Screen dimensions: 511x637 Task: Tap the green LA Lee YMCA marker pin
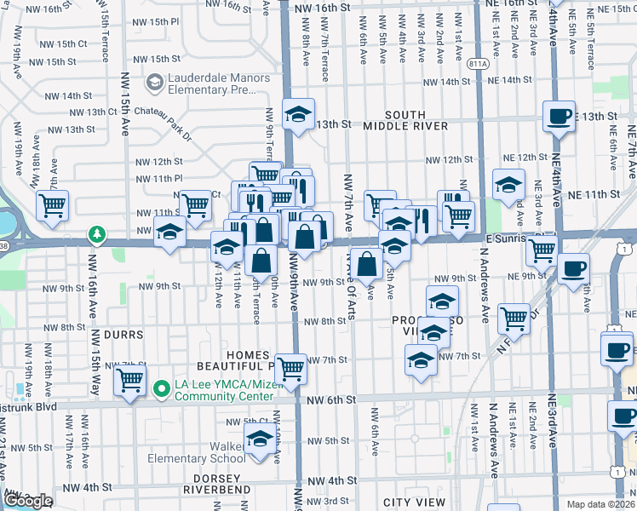pos(158,389)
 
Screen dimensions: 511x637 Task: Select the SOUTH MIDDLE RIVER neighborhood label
pos(416,120)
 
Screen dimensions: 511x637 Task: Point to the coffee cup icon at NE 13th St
pos(559,115)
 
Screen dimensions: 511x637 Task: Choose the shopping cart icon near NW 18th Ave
pos(53,204)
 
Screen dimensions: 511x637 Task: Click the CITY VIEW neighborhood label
pos(414,502)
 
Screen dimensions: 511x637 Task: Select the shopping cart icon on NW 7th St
pos(291,369)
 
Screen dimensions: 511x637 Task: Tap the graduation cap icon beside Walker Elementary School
pos(261,439)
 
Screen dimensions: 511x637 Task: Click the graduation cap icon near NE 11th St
pos(508,184)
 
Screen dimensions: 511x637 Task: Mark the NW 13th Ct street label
pos(94,112)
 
